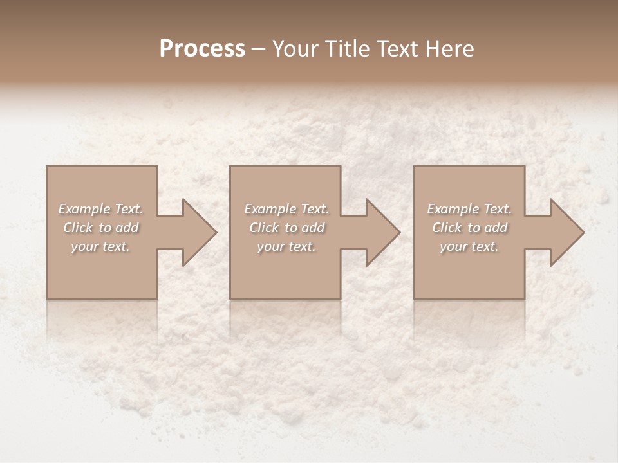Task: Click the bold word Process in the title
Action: (x=202, y=49)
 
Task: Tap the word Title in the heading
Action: (x=348, y=49)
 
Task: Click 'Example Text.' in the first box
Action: (x=101, y=209)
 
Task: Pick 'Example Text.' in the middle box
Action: (x=286, y=209)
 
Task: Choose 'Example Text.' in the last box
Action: (x=469, y=209)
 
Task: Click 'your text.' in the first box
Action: (x=101, y=246)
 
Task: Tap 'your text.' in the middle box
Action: (x=286, y=246)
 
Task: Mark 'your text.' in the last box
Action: (x=469, y=246)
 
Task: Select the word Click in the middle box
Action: (x=264, y=228)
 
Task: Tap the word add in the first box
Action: (x=127, y=228)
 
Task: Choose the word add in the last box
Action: (x=496, y=228)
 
